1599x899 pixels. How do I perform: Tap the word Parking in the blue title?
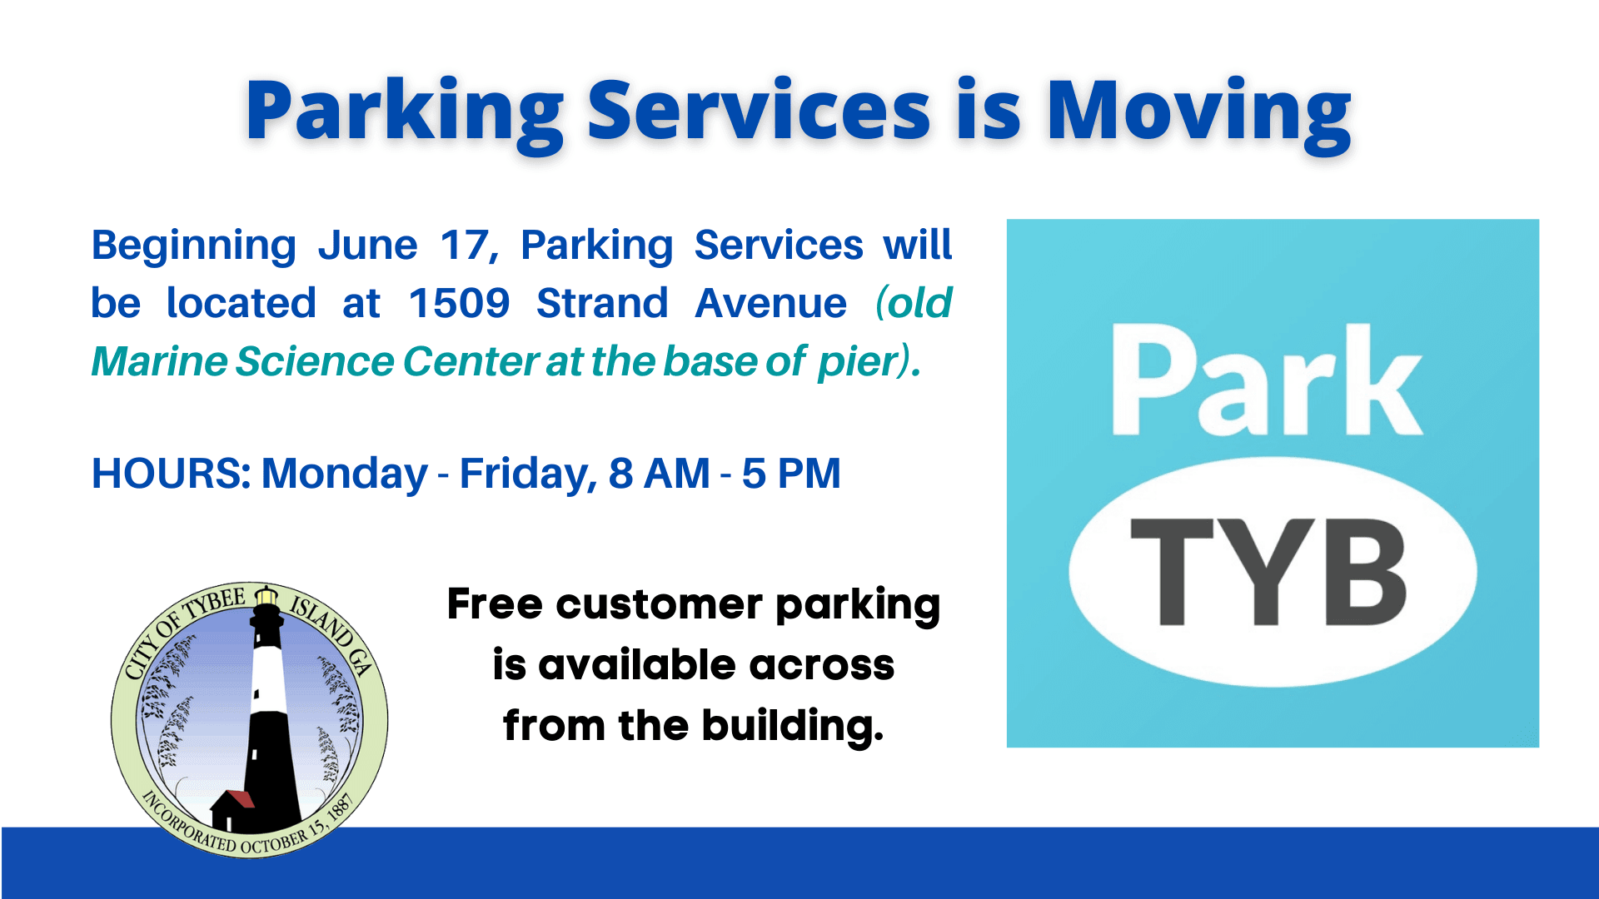(x=405, y=112)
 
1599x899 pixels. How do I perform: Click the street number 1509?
(x=459, y=303)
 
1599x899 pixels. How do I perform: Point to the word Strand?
(x=601, y=303)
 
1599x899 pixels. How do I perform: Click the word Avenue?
(x=770, y=303)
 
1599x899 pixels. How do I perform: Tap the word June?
(x=367, y=245)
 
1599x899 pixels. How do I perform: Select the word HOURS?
(x=171, y=474)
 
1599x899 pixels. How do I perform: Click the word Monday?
(x=344, y=474)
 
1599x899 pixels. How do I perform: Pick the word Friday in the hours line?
(x=527, y=474)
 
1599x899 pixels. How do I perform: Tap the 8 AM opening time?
(x=659, y=474)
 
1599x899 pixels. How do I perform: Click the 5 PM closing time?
(x=791, y=474)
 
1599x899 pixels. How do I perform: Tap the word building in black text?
(x=791, y=725)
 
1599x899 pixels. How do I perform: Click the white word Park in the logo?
(x=1266, y=381)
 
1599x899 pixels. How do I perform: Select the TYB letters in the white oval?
(x=1268, y=572)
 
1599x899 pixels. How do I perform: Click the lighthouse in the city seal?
(x=268, y=708)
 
